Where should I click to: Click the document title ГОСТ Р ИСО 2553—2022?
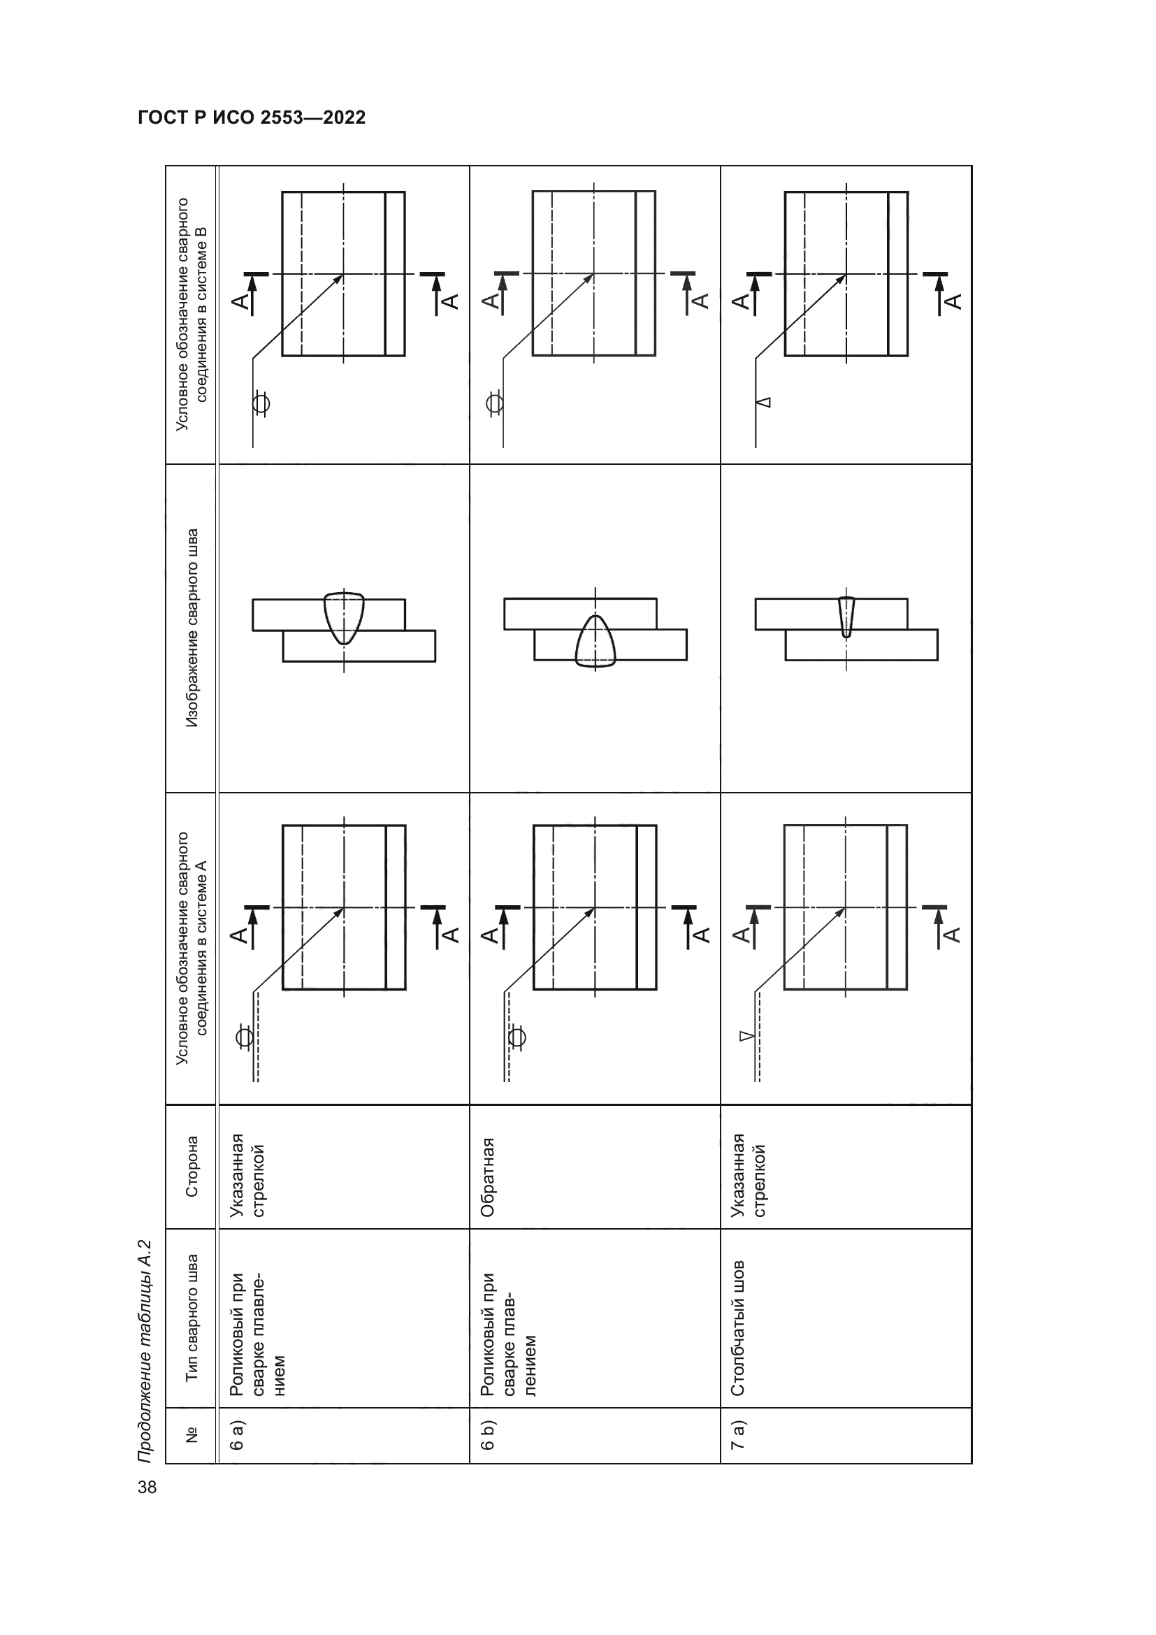click(252, 117)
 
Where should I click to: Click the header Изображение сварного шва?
click(192, 628)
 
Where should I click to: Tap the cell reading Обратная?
click(489, 1177)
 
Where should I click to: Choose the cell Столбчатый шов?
click(739, 1329)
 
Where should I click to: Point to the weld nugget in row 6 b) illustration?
click(595, 641)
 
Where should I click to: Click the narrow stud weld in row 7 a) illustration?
click(846, 617)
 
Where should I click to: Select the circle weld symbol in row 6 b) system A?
click(516, 1037)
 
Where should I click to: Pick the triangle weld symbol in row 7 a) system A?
click(746, 1036)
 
